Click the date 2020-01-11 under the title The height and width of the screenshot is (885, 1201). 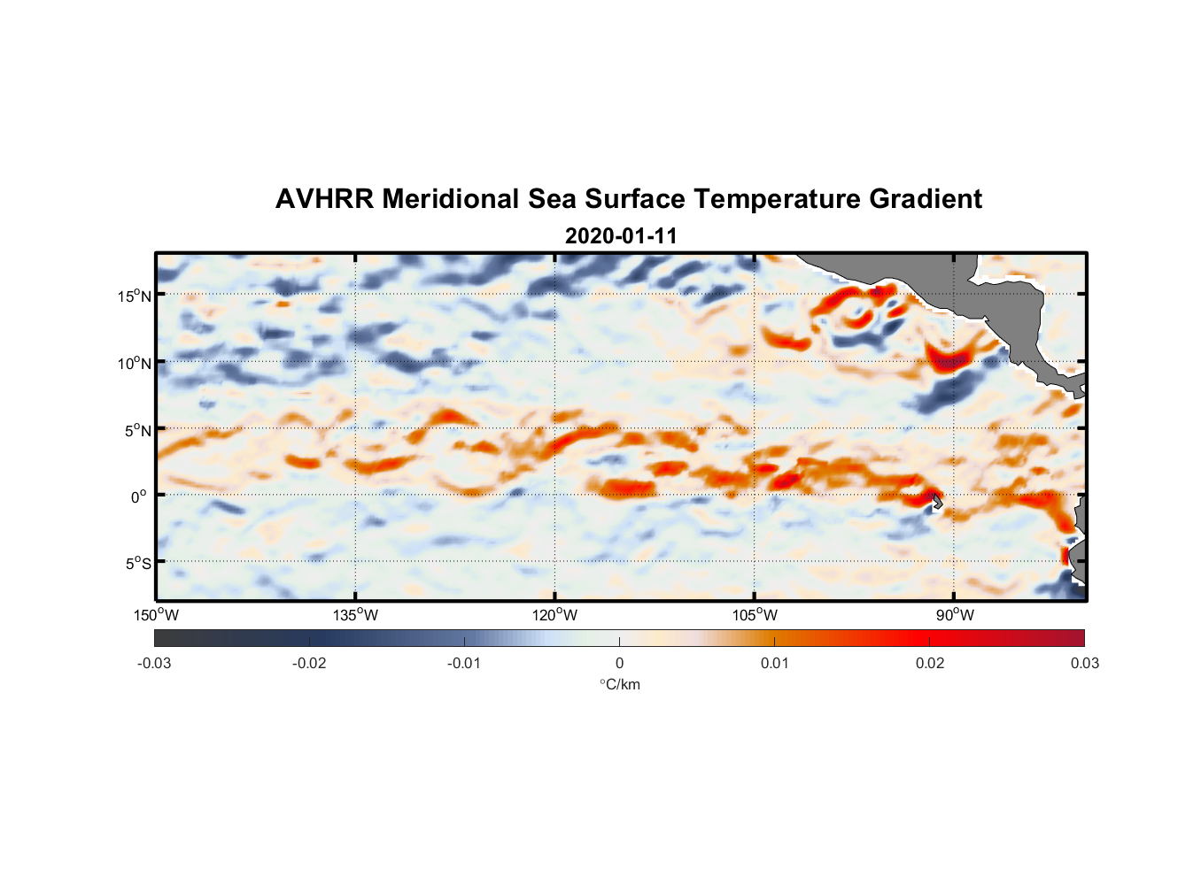[x=621, y=236]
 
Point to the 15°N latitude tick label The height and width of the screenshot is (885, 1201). [x=135, y=296]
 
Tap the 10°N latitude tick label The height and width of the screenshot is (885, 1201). [x=135, y=363]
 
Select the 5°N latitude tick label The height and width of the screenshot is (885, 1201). [x=136, y=430]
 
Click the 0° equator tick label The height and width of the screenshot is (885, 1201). [x=139, y=496]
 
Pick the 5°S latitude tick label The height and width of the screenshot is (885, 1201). [x=136, y=564]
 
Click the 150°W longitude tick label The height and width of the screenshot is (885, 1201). [x=157, y=615]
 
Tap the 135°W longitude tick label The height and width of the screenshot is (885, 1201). [x=356, y=615]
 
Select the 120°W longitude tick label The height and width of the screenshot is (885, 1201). [x=555, y=615]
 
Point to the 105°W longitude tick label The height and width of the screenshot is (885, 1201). [x=755, y=615]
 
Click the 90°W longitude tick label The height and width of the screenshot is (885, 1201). [x=955, y=615]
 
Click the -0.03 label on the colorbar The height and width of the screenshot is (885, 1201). [x=154, y=663]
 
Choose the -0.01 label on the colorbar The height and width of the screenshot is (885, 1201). [x=464, y=663]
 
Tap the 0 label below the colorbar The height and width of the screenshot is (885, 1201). [x=619, y=663]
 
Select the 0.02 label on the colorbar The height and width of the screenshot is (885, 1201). [x=930, y=663]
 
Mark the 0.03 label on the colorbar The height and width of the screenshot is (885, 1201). [x=1084, y=663]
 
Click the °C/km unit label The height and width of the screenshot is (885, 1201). [x=620, y=684]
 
